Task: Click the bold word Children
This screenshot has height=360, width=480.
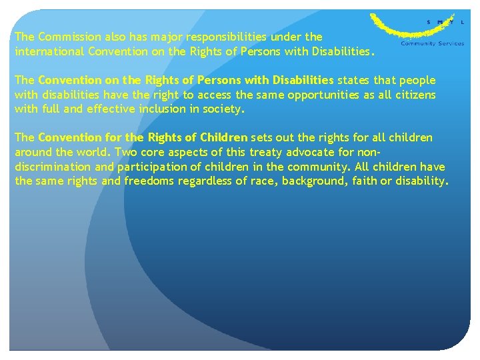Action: point(223,138)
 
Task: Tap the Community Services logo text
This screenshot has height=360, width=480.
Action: point(432,43)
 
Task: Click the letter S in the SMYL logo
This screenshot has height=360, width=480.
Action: point(429,22)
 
